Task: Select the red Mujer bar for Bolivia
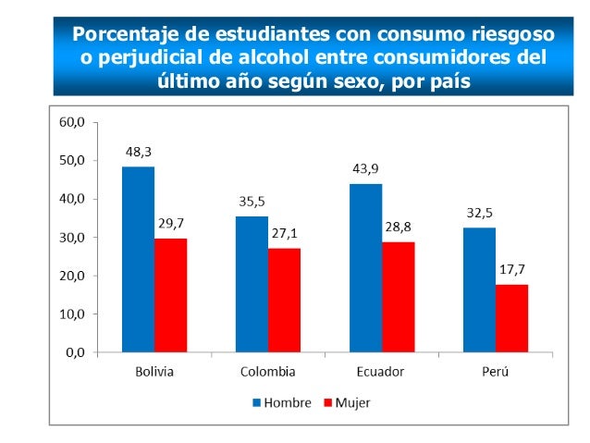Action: [170, 295]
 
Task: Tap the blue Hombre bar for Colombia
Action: [252, 284]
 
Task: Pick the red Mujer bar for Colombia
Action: [284, 300]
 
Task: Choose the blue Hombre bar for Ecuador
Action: [365, 267]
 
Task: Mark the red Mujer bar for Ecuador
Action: [398, 297]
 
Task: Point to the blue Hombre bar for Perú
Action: [479, 289]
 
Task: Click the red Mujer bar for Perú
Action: [511, 318]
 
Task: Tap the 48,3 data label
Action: [139, 151]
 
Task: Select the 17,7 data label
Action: [512, 269]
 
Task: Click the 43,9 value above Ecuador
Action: [366, 168]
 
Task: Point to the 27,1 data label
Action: [285, 233]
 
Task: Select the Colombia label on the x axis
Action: [267, 372]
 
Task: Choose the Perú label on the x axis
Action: [496, 372]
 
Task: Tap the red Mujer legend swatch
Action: [327, 403]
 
